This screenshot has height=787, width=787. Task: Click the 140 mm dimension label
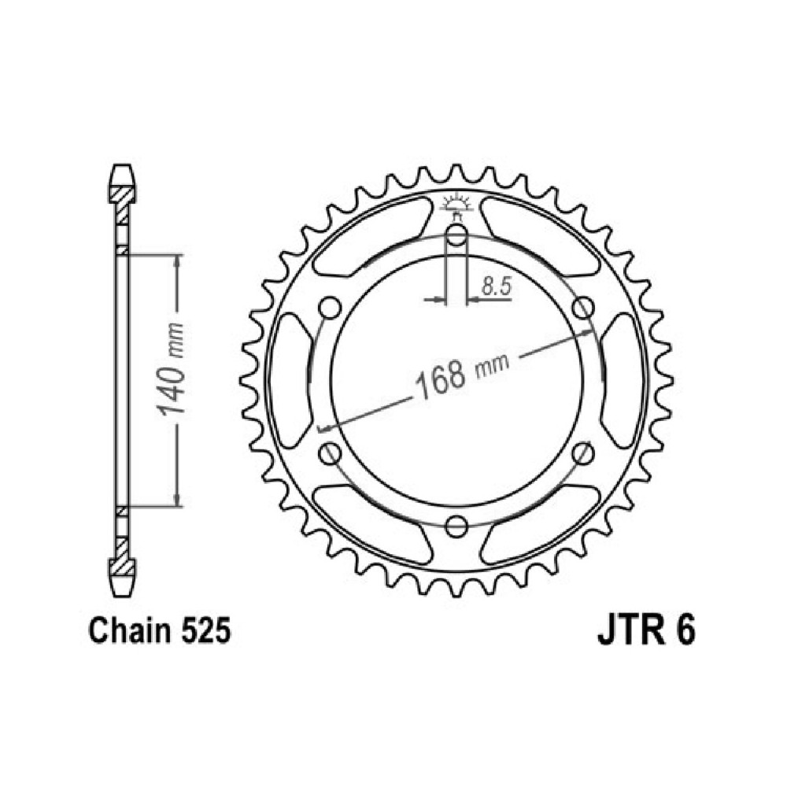(171, 369)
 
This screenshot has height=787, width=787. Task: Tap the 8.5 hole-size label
(497, 286)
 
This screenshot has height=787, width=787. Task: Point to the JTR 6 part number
(646, 631)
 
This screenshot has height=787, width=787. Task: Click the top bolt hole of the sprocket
(456, 235)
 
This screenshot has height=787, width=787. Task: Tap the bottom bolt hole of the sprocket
(456, 526)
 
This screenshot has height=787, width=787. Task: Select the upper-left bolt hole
(330, 308)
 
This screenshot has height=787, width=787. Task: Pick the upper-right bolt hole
(582, 308)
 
